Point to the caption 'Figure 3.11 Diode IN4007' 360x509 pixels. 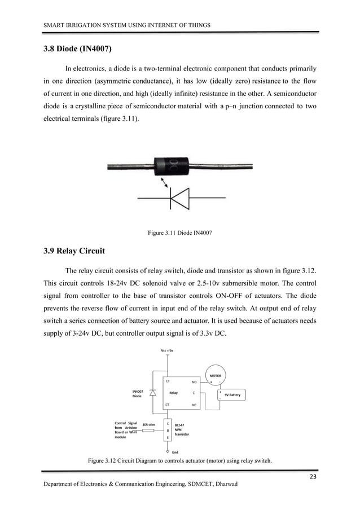[x=179, y=232]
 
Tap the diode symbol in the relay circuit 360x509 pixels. [x=152, y=393]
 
